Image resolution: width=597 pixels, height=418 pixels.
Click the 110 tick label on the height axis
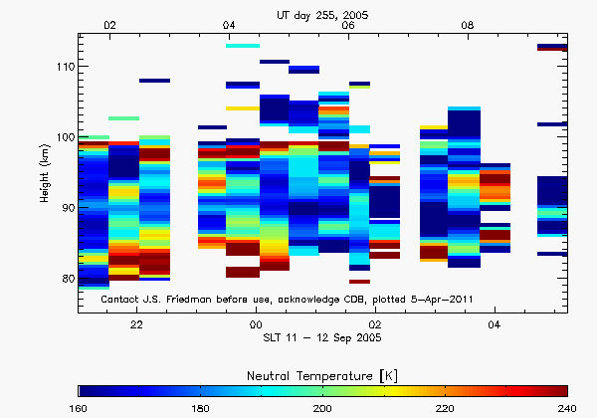(63, 67)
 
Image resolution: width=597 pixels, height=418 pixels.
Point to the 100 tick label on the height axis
(63, 137)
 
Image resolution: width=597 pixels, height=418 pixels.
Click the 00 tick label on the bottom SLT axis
(256, 325)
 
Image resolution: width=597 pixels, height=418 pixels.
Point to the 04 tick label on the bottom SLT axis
(495, 325)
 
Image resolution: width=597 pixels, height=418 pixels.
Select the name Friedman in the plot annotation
(196, 299)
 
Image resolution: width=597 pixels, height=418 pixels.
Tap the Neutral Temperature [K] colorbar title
(323, 373)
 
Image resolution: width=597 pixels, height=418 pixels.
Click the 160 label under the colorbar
(79, 408)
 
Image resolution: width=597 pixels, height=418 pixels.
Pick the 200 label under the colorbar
(323, 408)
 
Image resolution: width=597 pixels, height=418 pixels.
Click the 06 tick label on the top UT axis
(348, 25)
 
